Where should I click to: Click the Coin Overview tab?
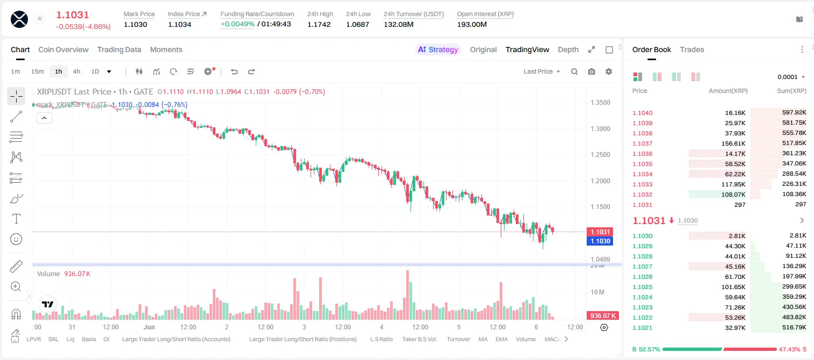pyautogui.click(x=63, y=49)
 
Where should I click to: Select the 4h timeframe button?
pyautogui.click(x=76, y=71)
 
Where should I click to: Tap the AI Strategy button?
pyautogui.click(x=438, y=49)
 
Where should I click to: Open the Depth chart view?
pyautogui.click(x=568, y=49)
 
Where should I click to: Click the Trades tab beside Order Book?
pyautogui.click(x=692, y=49)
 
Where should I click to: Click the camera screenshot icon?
pyautogui.click(x=592, y=71)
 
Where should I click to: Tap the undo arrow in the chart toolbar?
pyautogui.click(x=234, y=71)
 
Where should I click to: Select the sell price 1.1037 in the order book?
pyautogui.click(x=642, y=143)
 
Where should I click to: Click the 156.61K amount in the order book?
pyautogui.click(x=733, y=143)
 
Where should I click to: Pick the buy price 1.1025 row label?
pyautogui.click(x=642, y=286)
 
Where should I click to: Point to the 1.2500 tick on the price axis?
pyautogui.click(x=600, y=154)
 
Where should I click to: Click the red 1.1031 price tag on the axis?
pyautogui.click(x=600, y=232)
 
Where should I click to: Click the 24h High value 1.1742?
pyautogui.click(x=319, y=24)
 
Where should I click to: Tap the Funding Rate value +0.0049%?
pyautogui.click(x=237, y=24)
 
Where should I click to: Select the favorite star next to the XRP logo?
pyautogui.click(x=40, y=18)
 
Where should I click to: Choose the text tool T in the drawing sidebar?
pyautogui.click(x=16, y=219)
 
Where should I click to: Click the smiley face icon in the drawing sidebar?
pyautogui.click(x=16, y=239)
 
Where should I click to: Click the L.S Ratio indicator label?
pyautogui.click(x=381, y=339)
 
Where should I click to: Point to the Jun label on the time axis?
pyautogui.click(x=149, y=327)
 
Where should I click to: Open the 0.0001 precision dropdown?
pyautogui.click(x=791, y=77)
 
